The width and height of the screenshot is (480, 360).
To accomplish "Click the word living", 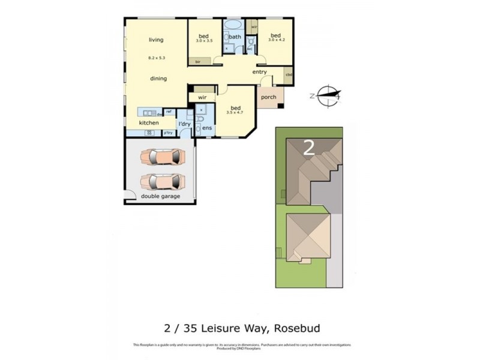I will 156,40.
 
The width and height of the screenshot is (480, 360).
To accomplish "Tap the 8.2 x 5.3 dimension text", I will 157,58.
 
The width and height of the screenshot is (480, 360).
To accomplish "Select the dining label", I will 158,79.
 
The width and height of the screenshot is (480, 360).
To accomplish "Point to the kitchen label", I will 149,123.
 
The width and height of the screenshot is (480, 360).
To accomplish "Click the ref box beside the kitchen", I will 169,112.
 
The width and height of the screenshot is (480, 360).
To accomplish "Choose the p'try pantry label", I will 168,133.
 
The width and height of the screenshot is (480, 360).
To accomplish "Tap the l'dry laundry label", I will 184,124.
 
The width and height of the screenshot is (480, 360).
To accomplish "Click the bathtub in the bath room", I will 233,26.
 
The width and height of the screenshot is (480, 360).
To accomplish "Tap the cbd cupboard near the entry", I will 289,75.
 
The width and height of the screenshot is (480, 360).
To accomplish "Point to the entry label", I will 259,73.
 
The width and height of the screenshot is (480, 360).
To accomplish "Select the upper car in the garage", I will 159,157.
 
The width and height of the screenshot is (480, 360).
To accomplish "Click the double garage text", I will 160,196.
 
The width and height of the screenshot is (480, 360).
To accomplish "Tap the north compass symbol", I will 328,95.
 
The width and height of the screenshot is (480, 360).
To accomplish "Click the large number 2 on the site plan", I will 309,148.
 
